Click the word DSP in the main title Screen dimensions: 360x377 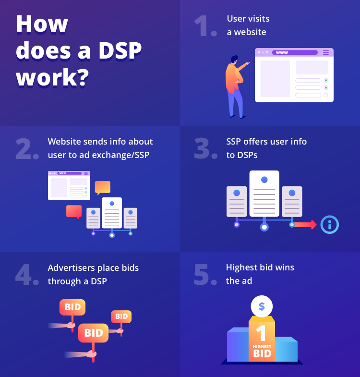pyautogui.click(x=120, y=50)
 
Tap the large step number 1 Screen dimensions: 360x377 pyautogui.click(x=202, y=26)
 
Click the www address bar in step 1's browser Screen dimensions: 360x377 pyautogui.click(x=295, y=52)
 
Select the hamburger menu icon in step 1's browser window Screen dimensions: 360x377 pyautogui.click(x=325, y=52)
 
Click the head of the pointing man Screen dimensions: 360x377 pyautogui.click(x=234, y=60)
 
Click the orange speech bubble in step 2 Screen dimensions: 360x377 pyautogui.click(x=103, y=187)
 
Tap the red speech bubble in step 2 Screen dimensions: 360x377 pyautogui.click(x=74, y=212)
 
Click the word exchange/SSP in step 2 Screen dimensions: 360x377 pyautogui.click(x=120, y=155)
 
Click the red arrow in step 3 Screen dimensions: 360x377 pyautogui.click(x=305, y=225)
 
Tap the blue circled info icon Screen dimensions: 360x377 pyautogui.click(x=329, y=225)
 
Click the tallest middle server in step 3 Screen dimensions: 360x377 pyautogui.click(x=264, y=194)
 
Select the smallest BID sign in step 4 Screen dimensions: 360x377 pyautogui.click(x=121, y=316)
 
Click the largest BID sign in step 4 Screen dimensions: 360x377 pyautogui.click(x=93, y=333)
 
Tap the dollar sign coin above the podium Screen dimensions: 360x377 pyautogui.click(x=262, y=306)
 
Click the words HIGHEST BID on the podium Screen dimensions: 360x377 pyautogui.click(x=262, y=351)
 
